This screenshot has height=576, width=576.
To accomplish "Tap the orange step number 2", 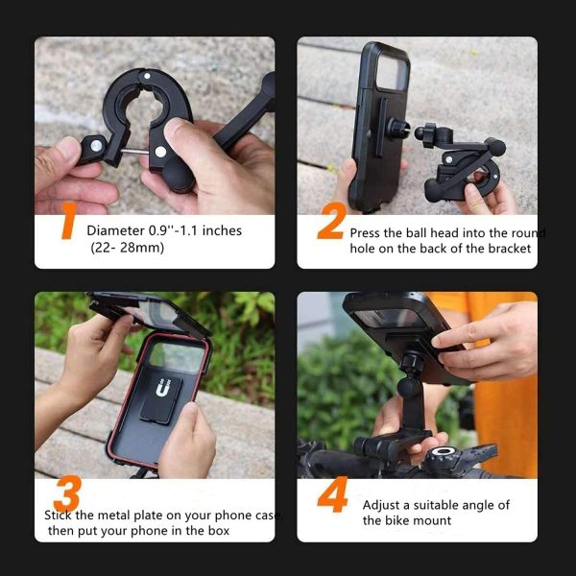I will (x=329, y=226).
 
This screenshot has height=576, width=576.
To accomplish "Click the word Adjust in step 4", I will (x=381, y=505).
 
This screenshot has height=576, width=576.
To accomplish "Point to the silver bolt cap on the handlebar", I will (x=444, y=452).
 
